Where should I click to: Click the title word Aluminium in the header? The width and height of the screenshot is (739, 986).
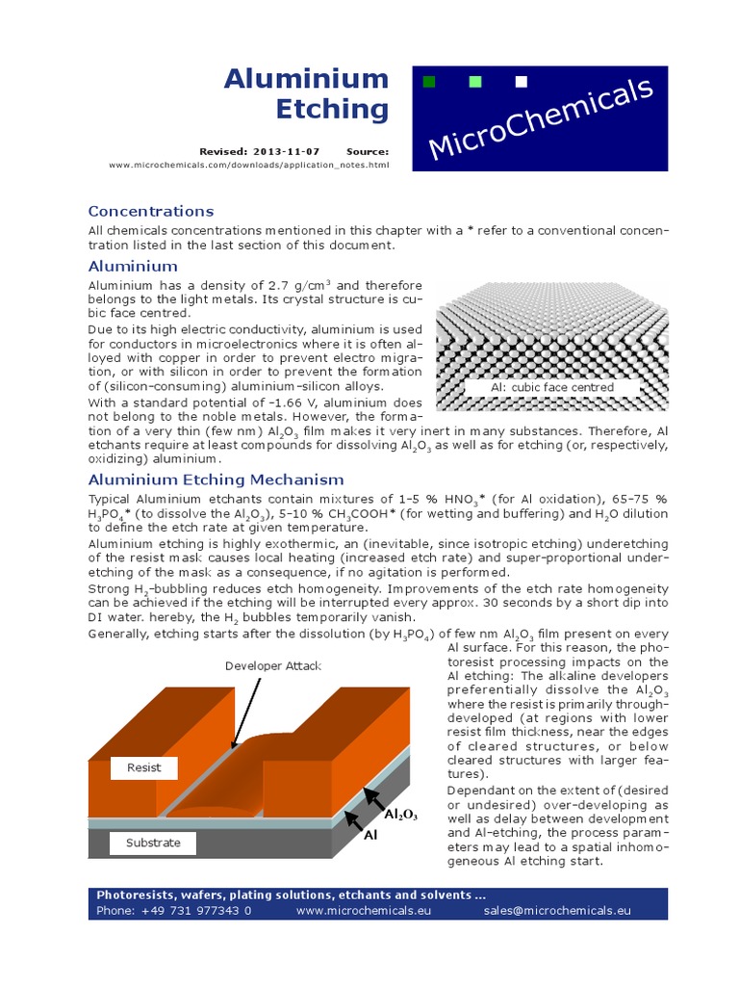click(306, 79)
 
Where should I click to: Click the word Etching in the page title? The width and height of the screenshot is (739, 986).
click(332, 110)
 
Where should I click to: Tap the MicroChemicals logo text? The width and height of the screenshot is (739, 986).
click(540, 118)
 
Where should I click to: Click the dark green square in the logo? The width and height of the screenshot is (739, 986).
click(429, 82)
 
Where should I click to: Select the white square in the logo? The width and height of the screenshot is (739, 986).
click(522, 82)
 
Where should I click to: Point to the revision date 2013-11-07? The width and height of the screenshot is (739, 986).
click(287, 151)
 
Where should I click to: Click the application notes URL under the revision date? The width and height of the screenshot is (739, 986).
click(248, 165)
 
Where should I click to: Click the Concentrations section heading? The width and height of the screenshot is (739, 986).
click(151, 211)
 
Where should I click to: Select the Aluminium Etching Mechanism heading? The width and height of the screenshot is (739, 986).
click(216, 480)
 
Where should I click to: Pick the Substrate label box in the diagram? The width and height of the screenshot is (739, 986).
click(153, 843)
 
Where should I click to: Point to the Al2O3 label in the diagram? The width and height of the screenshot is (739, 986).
click(400, 815)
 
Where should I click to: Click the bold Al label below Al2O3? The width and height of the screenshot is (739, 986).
click(369, 836)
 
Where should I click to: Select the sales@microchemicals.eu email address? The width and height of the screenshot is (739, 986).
click(556, 909)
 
